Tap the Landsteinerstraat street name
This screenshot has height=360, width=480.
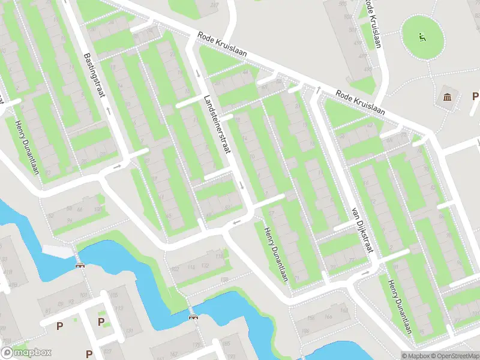tap(217, 126)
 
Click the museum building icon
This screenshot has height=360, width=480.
tap(448, 97)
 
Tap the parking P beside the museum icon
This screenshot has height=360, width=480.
tap(475, 96)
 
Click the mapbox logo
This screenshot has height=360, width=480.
tap(26, 353)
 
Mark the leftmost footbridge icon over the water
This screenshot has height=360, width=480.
tap(79, 265)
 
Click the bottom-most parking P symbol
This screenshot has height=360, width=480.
tap(89, 354)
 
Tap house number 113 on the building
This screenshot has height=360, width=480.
tap(118, 310)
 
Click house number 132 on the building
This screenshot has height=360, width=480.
tap(204, 265)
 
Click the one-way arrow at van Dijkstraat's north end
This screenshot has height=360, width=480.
tap(319, 90)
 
